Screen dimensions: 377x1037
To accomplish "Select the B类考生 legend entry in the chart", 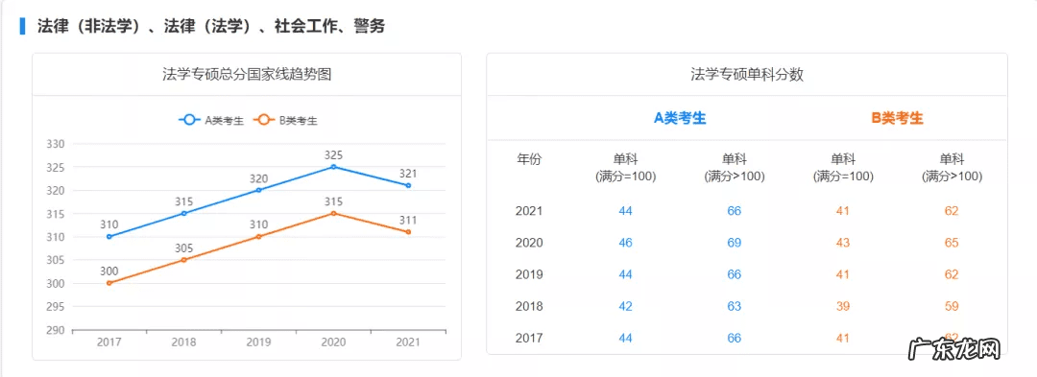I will (x=286, y=120).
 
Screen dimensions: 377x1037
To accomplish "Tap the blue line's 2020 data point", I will (x=333, y=167).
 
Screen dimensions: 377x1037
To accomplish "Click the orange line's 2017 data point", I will (x=109, y=283).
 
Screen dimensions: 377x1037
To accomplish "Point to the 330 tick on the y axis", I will (x=56, y=144).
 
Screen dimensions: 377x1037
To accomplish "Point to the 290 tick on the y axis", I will (x=56, y=330).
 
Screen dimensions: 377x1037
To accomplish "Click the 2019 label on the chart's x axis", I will (x=258, y=342).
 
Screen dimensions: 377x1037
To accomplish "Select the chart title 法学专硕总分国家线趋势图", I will (x=247, y=74).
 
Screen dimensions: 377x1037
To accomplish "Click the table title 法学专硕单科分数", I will (x=747, y=74).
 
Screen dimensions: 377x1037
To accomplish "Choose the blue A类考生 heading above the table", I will (x=680, y=118).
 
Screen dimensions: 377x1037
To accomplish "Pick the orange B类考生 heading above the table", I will (x=897, y=118).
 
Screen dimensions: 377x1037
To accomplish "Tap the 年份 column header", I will (x=529, y=159).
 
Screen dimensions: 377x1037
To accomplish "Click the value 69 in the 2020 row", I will (x=735, y=243).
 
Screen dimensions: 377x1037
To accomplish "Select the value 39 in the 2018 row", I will (x=843, y=306).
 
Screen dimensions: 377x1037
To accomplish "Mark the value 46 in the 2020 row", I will (x=626, y=243).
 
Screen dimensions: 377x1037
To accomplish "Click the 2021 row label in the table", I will (x=529, y=211).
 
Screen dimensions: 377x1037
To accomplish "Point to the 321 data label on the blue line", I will (x=408, y=174).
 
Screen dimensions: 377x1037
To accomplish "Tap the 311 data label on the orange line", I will (x=408, y=220).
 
